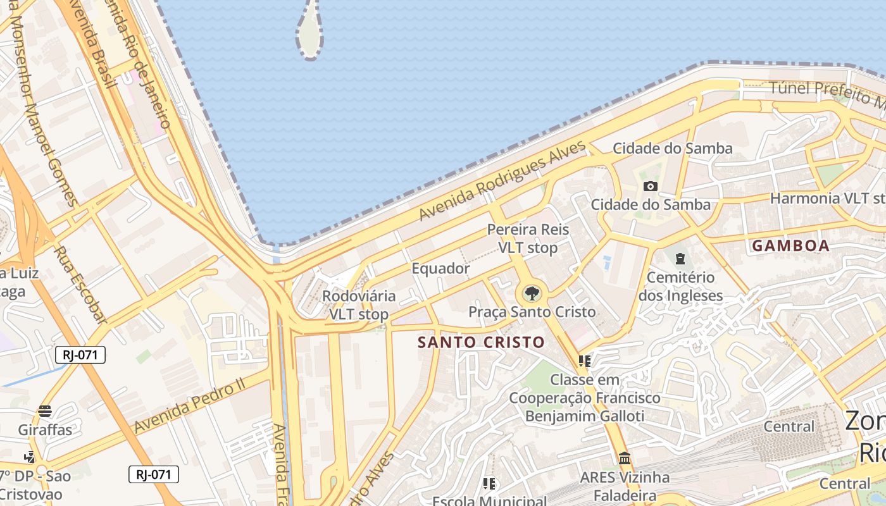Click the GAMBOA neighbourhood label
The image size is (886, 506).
790,246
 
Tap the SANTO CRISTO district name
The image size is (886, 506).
481,343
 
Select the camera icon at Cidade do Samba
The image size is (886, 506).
650,186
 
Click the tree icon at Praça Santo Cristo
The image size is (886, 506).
532,293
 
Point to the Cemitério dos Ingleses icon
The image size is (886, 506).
680,258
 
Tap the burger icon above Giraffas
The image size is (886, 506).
44,410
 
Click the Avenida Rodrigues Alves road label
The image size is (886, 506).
503,180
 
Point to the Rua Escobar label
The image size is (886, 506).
78,284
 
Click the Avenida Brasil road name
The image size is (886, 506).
101,44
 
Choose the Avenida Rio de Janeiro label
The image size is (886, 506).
143,63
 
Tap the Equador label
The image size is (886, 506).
440,268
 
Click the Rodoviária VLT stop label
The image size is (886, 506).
359,305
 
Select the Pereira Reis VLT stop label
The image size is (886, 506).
528,238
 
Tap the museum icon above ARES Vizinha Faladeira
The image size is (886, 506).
625,457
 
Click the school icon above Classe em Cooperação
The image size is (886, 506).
584,361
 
